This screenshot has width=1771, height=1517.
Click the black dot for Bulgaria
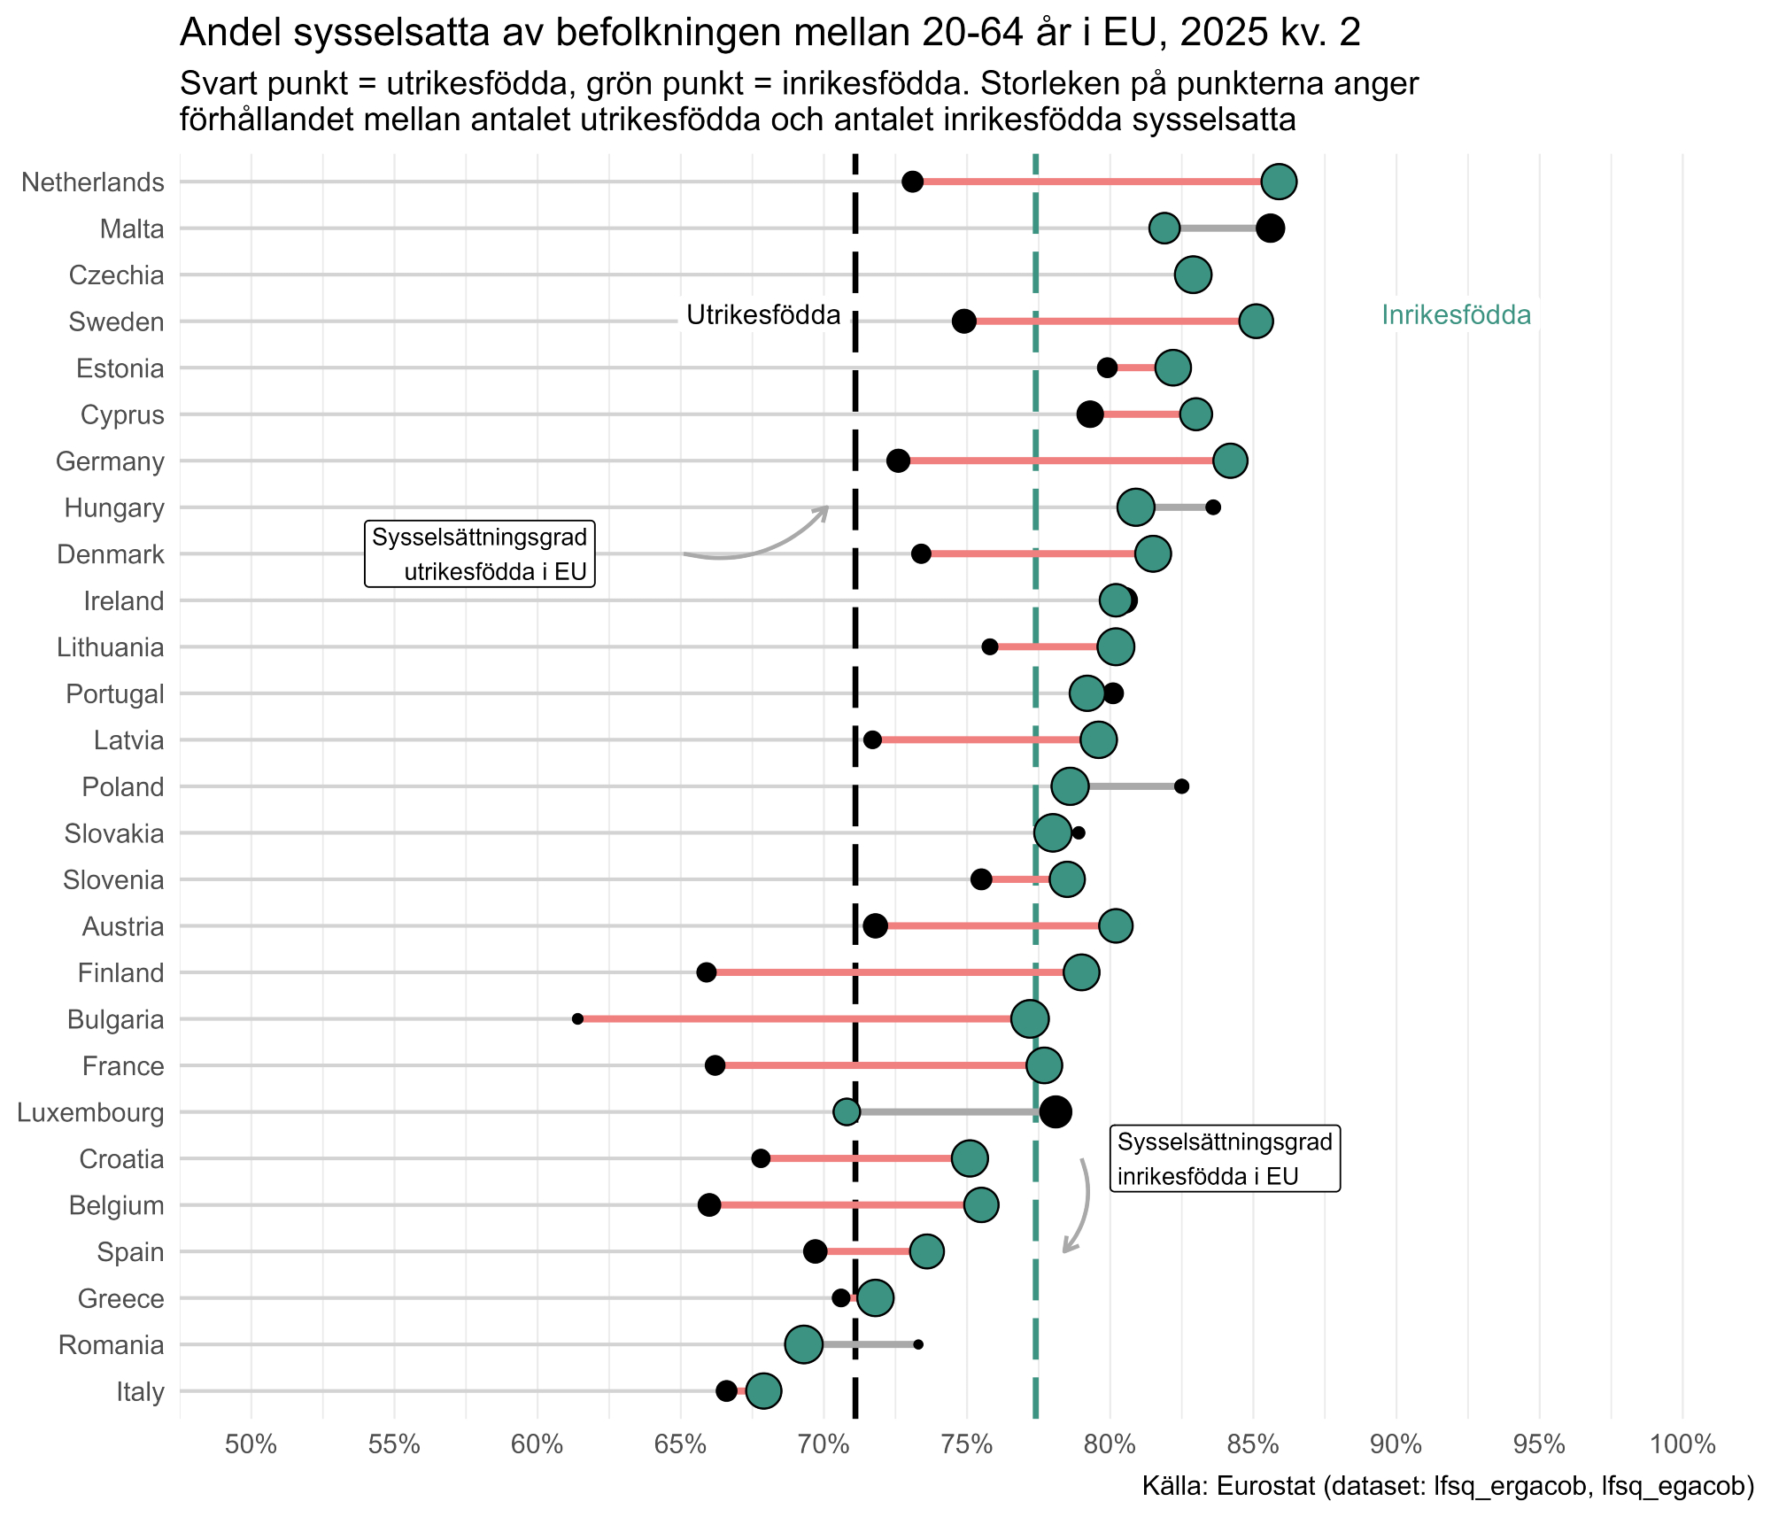(x=577, y=1018)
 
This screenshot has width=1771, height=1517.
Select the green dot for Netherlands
(x=1279, y=182)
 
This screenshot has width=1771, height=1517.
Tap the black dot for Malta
(x=1270, y=228)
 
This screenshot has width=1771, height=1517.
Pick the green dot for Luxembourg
(x=847, y=1111)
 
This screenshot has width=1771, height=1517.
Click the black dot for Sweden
(x=964, y=321)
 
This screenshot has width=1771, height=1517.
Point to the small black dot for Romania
(x=918, y=1344)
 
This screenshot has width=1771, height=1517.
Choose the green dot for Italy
(x=763, y=1390)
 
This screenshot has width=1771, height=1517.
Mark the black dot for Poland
(x=1181, y=786)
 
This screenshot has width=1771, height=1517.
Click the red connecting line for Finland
(x=885, y=972)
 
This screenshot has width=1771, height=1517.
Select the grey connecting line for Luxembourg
(x=947, y=1111)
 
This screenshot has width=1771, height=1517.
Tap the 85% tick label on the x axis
(x=1253, y=1445)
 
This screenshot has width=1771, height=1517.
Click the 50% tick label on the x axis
(x=251, y=1445)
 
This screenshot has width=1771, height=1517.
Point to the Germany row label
(x=110, y=461)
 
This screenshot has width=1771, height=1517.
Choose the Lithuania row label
(x=110, y=647)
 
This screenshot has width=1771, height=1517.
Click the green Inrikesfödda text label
(x=1456, y=315)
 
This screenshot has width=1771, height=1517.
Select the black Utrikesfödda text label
(x=763, y=315)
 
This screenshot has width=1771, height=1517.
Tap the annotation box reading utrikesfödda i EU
(x=480, y=553)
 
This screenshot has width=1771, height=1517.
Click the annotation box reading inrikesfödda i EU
(x=1225, y=1158)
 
